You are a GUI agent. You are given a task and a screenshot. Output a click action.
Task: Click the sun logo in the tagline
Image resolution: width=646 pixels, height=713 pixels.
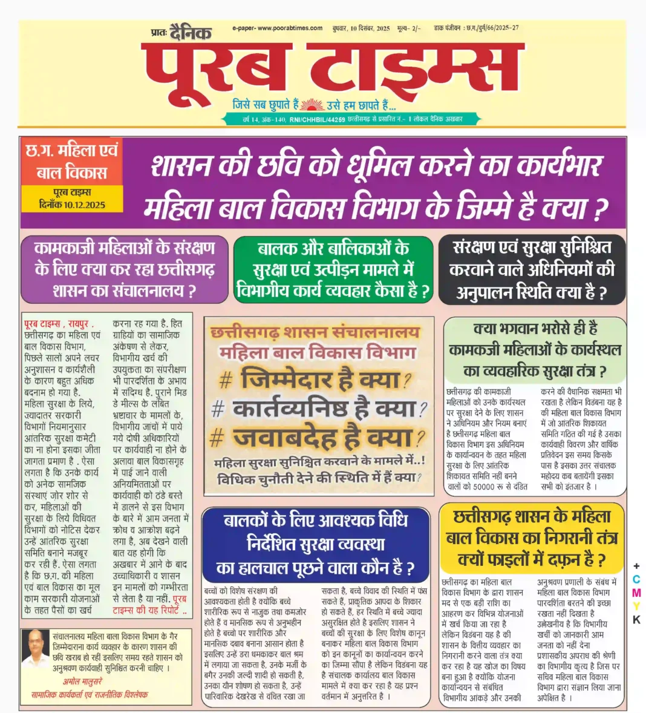click(x=312, y=104)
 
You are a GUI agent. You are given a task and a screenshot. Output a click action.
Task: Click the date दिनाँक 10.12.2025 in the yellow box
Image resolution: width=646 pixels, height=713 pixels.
click(x=71, y=205)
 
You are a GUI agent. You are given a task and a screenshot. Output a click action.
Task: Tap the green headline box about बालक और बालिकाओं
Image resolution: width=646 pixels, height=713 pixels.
click(x=333, y=269)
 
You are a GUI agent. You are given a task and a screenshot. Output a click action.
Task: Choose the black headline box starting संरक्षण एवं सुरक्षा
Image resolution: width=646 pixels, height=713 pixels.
click(x=532, y=270)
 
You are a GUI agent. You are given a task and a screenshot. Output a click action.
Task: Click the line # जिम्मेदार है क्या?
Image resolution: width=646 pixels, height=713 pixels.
click(x=315, y=380)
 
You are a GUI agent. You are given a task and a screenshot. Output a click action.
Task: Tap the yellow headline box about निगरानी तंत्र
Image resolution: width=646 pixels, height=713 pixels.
click(x=532, y=537)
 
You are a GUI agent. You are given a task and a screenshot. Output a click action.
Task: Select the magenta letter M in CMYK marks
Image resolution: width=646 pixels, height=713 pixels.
click(x=636, y=593)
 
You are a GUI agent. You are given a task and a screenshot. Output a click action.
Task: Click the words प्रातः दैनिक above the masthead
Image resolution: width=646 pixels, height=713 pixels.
click(x=180, y=32)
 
